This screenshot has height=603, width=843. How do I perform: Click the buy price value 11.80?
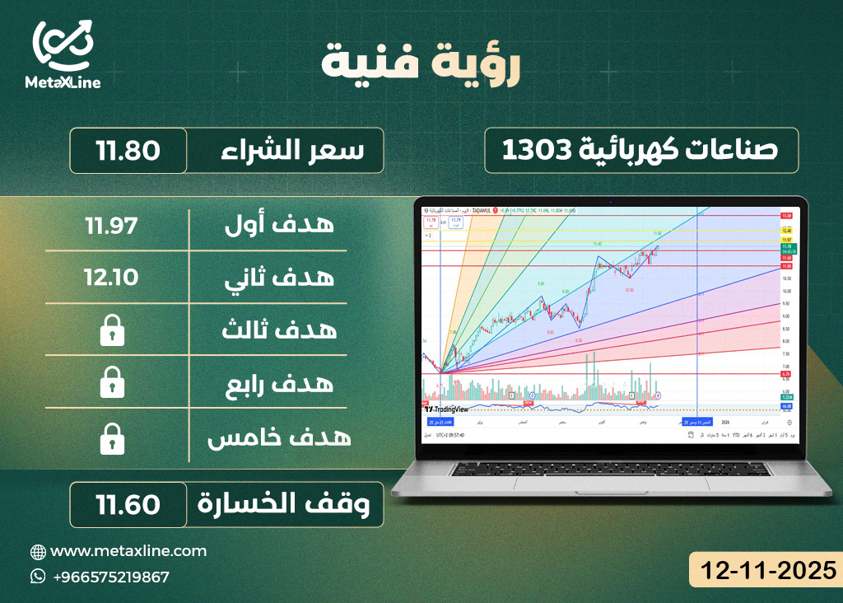click(128, 151)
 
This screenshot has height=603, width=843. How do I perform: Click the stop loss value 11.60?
click(128, 504)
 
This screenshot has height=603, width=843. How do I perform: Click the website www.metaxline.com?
click(128, 551)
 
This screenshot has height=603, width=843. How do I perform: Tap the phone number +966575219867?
click(110, 577)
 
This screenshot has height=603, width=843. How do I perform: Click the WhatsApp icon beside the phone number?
click(38, 577)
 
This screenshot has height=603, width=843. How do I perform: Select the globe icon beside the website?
click(38, 551)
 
